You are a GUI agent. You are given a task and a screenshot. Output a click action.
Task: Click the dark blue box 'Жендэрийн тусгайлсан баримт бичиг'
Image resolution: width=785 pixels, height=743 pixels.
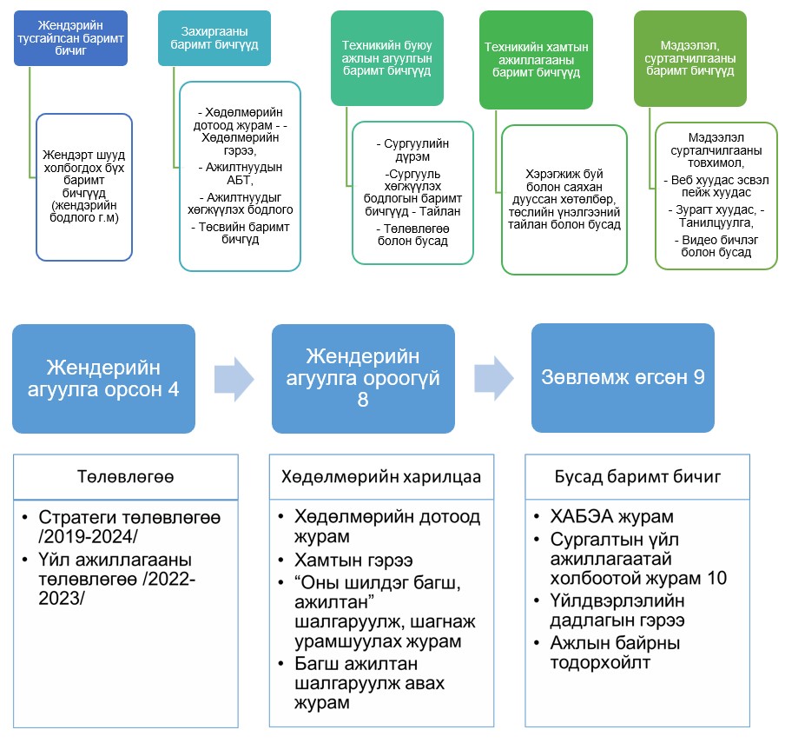click(x=71, y=38)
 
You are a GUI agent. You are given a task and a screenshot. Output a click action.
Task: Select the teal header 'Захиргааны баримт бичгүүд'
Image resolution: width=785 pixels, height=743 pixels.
click(x=201, y=38)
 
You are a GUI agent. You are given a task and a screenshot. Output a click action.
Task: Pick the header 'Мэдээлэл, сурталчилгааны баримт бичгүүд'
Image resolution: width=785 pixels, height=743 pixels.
click(x=689, y=58)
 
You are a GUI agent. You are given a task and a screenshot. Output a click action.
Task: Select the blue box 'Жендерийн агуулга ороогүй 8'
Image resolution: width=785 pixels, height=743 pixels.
click(x=363, y=376)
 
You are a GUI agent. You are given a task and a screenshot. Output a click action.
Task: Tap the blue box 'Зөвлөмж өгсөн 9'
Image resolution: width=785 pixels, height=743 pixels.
click(x=622, y=376)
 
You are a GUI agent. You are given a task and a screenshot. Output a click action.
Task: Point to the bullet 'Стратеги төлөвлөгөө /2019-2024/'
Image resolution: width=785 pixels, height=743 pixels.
click(x=128, y=527)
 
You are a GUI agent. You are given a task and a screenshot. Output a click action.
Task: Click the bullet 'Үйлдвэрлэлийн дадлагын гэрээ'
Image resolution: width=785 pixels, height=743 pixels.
click(x=617, y=611)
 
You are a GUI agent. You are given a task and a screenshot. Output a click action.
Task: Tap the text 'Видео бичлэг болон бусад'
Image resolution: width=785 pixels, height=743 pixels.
click(x=715, y=245)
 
